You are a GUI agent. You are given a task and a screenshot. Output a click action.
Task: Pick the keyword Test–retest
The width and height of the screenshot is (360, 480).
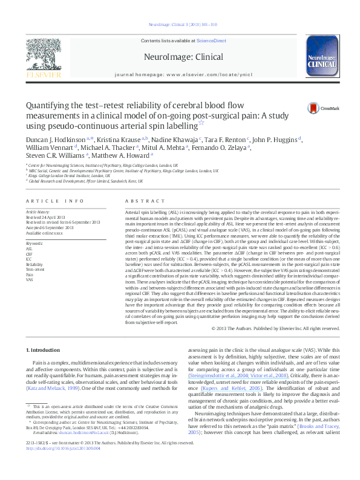point(35,270)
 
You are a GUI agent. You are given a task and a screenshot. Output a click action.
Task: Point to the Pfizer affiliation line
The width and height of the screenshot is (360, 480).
point(85,181)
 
